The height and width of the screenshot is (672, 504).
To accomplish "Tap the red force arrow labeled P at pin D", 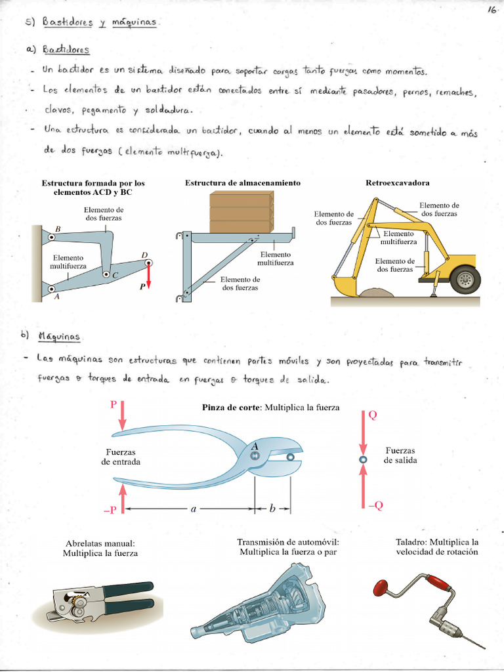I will click(x=149, y=275).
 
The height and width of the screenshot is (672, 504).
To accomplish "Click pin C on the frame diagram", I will click(x=106, y=272).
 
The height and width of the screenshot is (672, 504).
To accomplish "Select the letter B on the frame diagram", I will click(x=58, y=228).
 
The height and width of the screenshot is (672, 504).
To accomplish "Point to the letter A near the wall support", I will click(x=56, y=297).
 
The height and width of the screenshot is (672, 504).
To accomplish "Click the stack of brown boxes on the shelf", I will click(x=240, y=212).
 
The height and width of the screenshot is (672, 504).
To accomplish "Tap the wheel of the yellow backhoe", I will click(x=465, y=280).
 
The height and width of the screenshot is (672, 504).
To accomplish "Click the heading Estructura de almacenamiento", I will click(x=242, y=182).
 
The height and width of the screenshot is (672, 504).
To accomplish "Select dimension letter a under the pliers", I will click(x=194, y=509).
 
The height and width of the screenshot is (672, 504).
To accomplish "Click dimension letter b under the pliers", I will click(x=272, y=509).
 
